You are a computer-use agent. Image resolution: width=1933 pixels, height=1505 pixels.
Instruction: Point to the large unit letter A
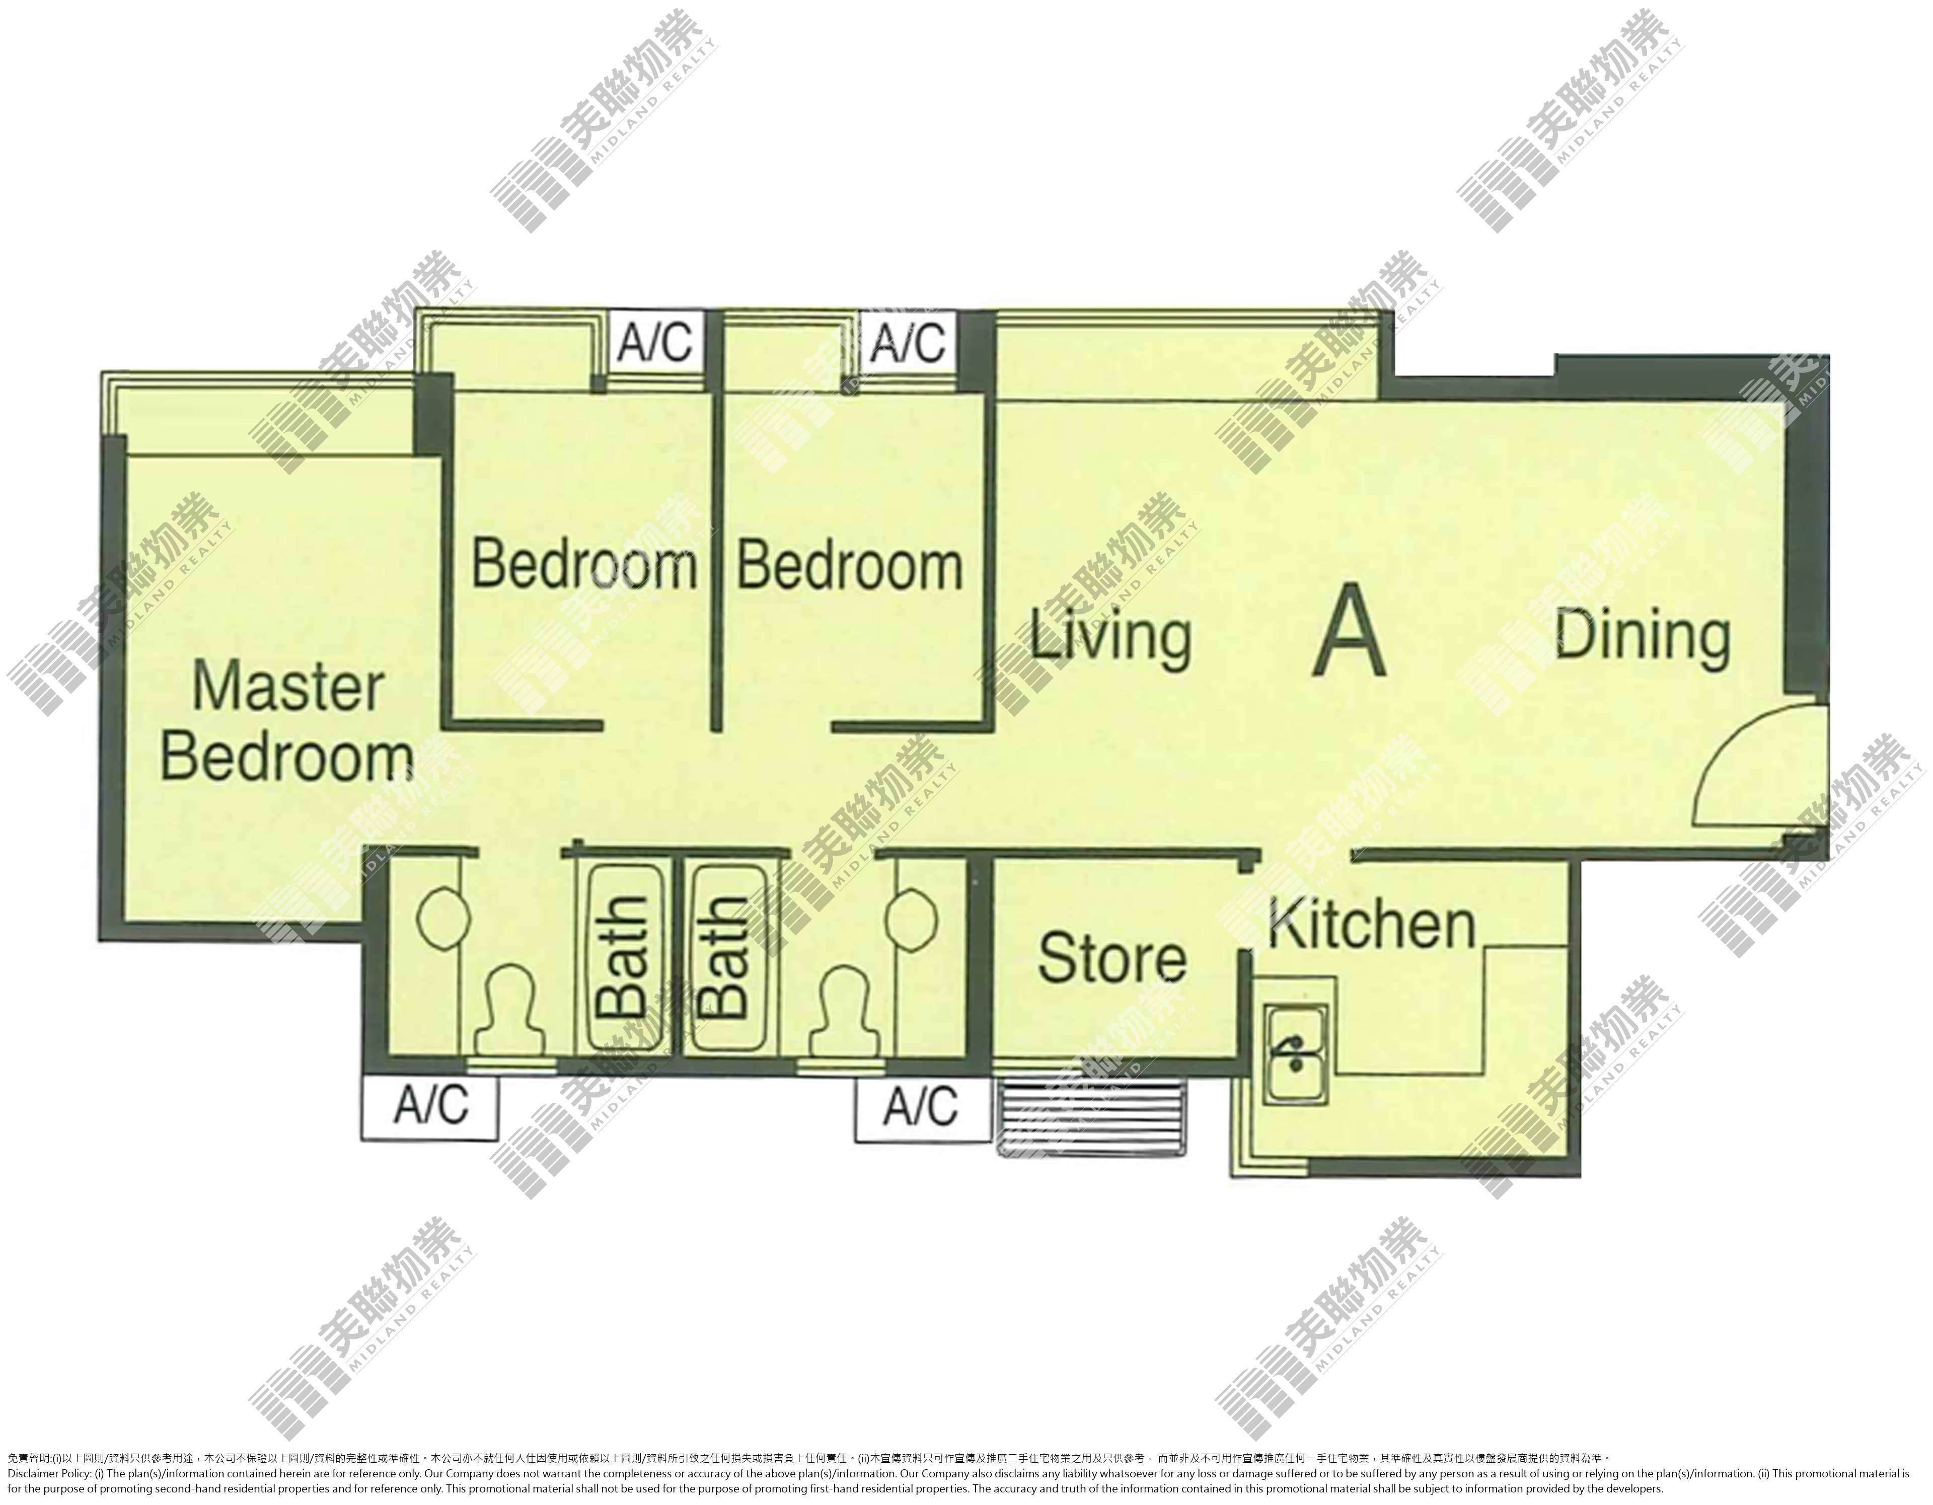point(1349,631)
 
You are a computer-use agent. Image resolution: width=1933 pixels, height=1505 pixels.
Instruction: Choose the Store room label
point(1111,958)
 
